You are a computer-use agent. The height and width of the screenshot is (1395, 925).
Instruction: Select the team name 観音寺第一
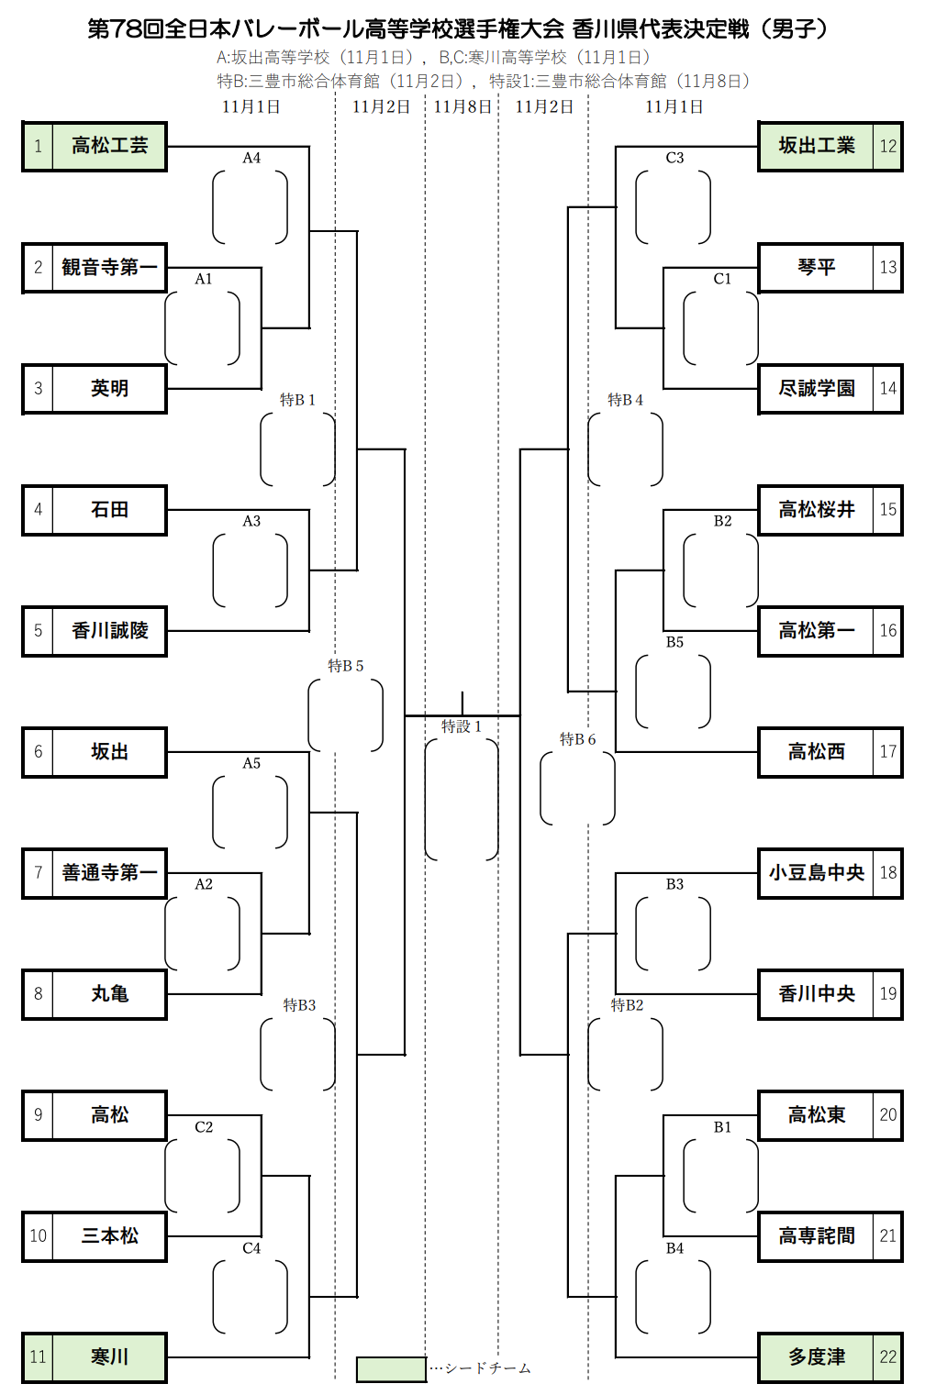(109, 267)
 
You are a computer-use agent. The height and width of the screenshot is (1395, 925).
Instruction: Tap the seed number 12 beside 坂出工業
(887, 146)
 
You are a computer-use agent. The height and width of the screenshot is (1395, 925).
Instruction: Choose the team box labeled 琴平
(816, 267)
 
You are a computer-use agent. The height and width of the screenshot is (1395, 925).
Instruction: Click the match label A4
(251, 158)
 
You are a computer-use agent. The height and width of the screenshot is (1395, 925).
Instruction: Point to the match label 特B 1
(297, 400)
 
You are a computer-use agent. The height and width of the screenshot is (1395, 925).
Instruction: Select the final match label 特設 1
(461, 726)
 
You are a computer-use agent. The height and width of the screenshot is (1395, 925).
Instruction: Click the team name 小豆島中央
(816, 872)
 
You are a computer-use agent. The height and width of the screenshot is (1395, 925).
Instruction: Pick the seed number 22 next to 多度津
(887, 1356)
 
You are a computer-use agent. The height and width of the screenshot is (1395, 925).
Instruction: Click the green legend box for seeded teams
(391, 1368)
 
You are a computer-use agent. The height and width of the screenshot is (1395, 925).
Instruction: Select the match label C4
(251, 1247)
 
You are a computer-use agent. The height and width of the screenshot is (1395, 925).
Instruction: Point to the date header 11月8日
(462, 106)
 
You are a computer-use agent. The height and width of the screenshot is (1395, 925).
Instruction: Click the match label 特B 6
(577, 739)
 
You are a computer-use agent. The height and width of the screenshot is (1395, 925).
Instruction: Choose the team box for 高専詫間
(816, 1235)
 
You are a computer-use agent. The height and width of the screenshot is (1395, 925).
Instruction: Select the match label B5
(674, 642)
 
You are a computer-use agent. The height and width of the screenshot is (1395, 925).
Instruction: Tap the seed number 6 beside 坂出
(38, 751)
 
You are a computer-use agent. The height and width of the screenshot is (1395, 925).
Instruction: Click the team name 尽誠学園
(816, 388)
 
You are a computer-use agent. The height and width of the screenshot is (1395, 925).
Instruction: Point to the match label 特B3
(299, 1005)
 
